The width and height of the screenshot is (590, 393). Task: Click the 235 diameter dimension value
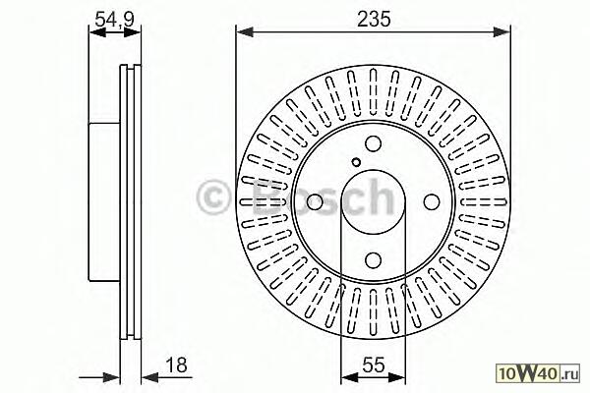click(x=374, y=20)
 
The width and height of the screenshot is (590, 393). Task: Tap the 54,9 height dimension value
click(x=114, y=20)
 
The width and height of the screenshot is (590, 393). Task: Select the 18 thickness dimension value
click(x=176, y=365)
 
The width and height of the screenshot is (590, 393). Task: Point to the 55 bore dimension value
click(x=374, y=365)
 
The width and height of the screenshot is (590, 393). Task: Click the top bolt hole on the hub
click(x=374, y=143)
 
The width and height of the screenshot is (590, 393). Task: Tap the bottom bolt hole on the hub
click(x=374, y=259)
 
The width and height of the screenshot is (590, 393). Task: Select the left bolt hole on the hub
click(x=315, y=202)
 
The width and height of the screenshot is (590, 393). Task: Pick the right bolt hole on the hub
click(x=432, y=202)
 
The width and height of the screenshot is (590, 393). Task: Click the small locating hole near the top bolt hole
click(x=356, y=162)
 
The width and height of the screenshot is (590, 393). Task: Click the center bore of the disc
click(x=374, y=202)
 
